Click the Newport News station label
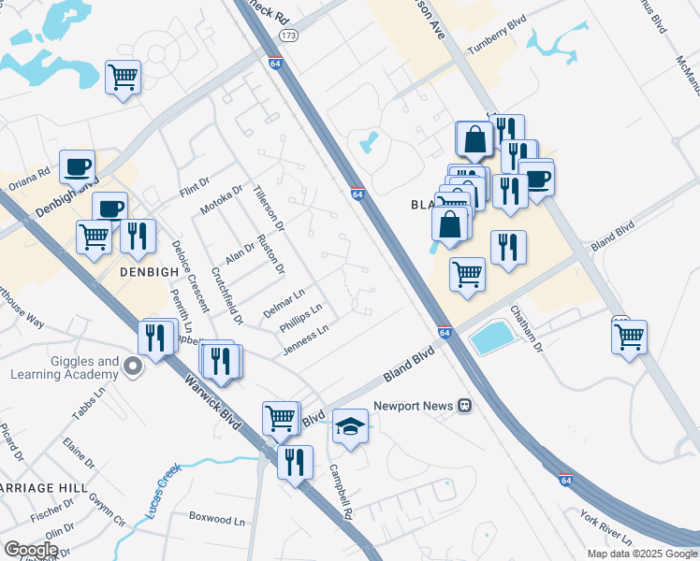click(x=414, y=406)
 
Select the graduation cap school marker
click(x=350, y=426)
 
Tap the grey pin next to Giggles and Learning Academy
click(x=133, y=367)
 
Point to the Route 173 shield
click(x=288, y=35)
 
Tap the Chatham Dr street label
click(x=526, y=328)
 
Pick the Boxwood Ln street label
click(x=216, y=517)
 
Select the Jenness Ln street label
click(x=305, y=340)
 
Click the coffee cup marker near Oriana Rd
click(x=77, y=168)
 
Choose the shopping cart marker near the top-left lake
click(x=123, y=79)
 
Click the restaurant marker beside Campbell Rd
click(x=296, y=462)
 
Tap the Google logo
click(x=31, y=550)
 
